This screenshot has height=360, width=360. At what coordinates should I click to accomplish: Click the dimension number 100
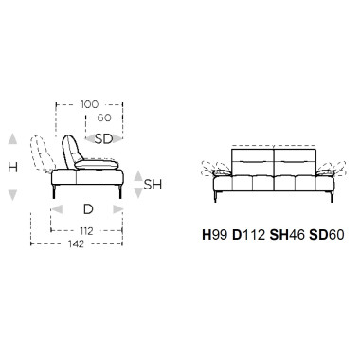click(89, 104)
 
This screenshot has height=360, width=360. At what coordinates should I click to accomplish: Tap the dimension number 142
click(76, 243)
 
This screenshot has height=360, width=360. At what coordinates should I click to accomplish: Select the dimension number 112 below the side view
click(86, 231)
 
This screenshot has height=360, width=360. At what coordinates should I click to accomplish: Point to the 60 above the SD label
click(104, 117)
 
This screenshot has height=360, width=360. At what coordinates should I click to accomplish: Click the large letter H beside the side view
click(12, 167)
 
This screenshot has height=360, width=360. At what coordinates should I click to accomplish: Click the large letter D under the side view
click(88, 209)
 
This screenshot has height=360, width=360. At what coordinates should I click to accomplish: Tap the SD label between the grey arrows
click(104, 138)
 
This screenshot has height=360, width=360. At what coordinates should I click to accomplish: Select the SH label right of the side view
click(153, 185)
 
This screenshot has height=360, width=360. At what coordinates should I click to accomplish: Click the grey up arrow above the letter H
click(12, 139)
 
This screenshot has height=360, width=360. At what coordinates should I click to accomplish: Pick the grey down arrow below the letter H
click(12, 195)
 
